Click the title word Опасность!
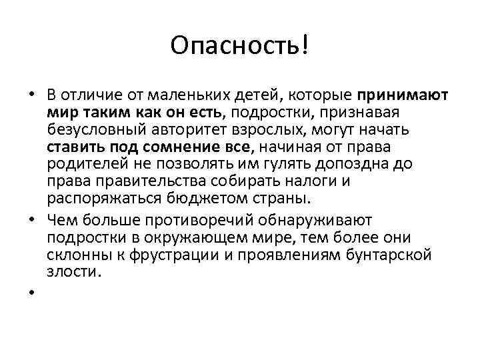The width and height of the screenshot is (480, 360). (239, 46)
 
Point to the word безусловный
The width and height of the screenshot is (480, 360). (93, 128)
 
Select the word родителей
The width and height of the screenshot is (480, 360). (77, 163)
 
